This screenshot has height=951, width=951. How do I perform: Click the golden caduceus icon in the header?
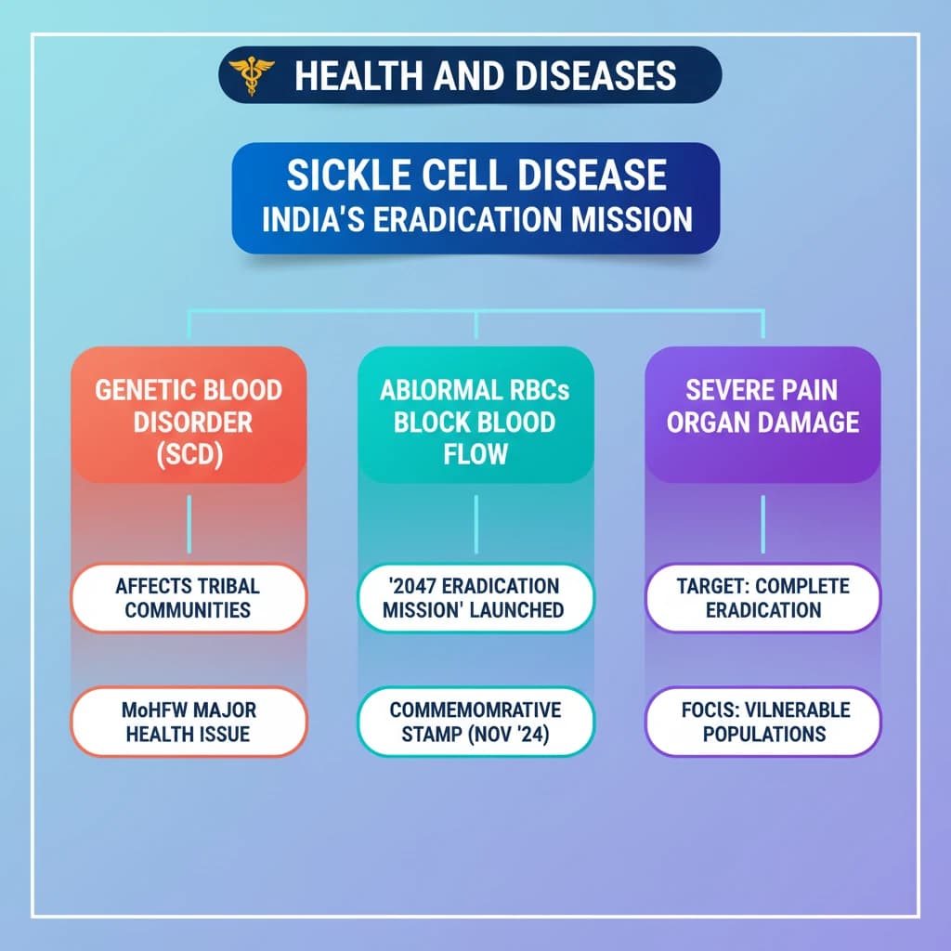[251, 74]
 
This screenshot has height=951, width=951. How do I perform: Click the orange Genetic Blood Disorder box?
[189, 415]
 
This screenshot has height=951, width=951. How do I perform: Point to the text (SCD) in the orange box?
[189, 454]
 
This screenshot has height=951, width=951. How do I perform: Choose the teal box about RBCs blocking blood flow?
[475, 415]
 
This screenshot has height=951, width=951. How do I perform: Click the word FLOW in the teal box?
[475, 454]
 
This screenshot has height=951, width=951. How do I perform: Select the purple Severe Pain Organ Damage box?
[762, 415]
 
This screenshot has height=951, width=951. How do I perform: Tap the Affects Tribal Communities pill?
[189, 598]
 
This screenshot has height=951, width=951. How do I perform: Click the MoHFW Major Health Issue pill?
[189, 722]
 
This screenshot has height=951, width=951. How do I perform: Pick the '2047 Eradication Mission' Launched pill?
[475, 598]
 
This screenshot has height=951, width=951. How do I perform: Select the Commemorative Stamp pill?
[475, 722]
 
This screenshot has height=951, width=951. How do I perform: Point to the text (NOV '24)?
[508, 735]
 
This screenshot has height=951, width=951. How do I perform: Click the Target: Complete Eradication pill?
[762, 598]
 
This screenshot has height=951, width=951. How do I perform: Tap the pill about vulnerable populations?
[762, 722]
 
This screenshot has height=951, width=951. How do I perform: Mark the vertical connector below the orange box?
[189, 524]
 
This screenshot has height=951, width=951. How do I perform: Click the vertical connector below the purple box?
[763, 524]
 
